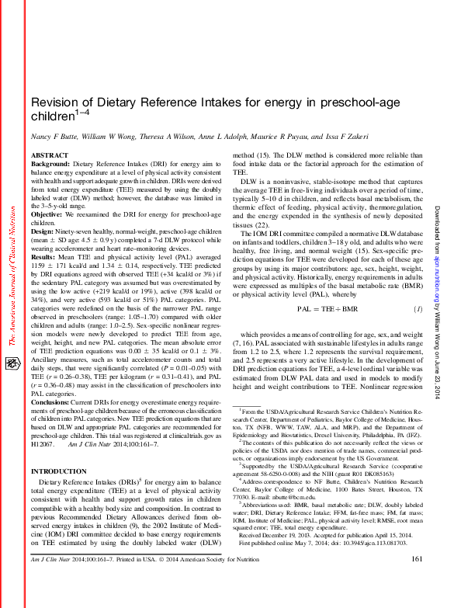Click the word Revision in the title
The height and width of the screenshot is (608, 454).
pyautogui.click(x=54, y=103)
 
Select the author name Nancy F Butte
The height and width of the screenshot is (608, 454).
pyautogui.click(x=52, y=137)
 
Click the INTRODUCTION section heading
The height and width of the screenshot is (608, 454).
pyautogui.click(x=59, y=471)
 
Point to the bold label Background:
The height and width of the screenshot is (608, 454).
pyautogui.click(x=50, y=165)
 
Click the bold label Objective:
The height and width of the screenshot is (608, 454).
pyautogui.click(x=47, y=214)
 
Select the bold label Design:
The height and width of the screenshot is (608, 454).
pyautogui.click(x=43, y=231)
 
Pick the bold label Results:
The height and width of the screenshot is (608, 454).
pyautogui.click(x=45, y=255)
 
